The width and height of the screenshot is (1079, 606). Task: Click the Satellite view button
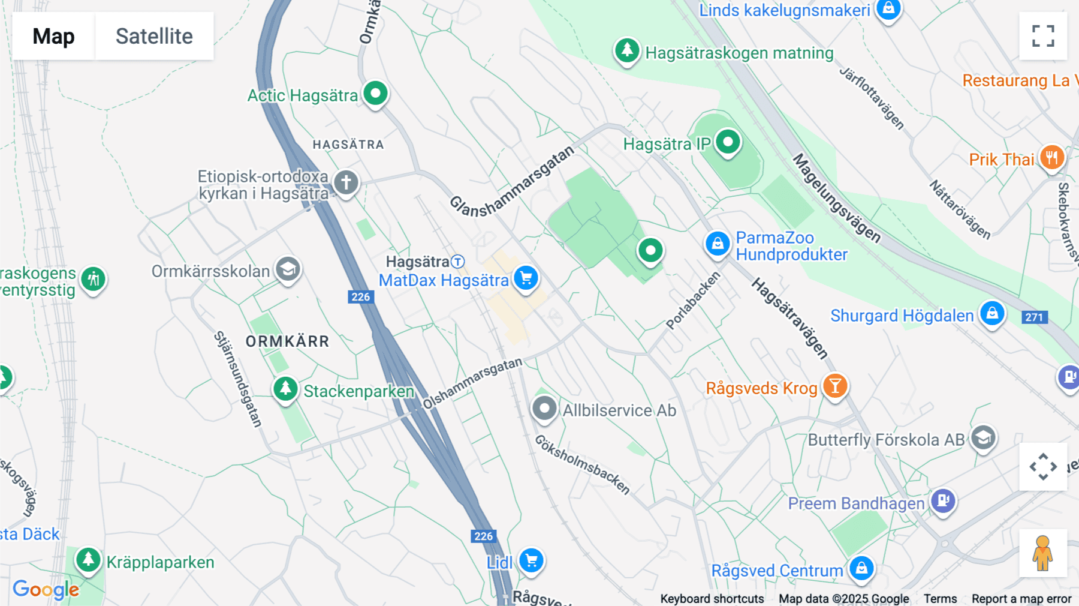tap(154, 36)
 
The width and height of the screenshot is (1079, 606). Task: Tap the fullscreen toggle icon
tap(1043, 36)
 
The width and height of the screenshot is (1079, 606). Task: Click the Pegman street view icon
tap(1043, 553)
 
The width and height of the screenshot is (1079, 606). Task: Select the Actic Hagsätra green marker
tap(376, 94)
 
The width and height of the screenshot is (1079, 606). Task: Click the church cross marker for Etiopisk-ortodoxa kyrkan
tap(346, 182)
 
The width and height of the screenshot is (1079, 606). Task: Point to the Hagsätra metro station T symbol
tap(458, 262)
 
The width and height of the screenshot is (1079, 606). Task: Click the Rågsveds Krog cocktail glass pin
tap(834, 386)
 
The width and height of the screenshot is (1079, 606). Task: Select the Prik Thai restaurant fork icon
tap(1051, 158)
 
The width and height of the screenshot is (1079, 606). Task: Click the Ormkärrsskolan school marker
tap(288, 269)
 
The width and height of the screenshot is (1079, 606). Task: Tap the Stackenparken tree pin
tap(285, 389)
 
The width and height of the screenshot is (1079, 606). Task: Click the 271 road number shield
tap(1034, 317)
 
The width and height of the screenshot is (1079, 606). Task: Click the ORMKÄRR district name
tap(287, 341)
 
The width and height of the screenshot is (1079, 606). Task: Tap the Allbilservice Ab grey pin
tap(544, 409)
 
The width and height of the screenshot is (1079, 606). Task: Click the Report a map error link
tap(1021, 599)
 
